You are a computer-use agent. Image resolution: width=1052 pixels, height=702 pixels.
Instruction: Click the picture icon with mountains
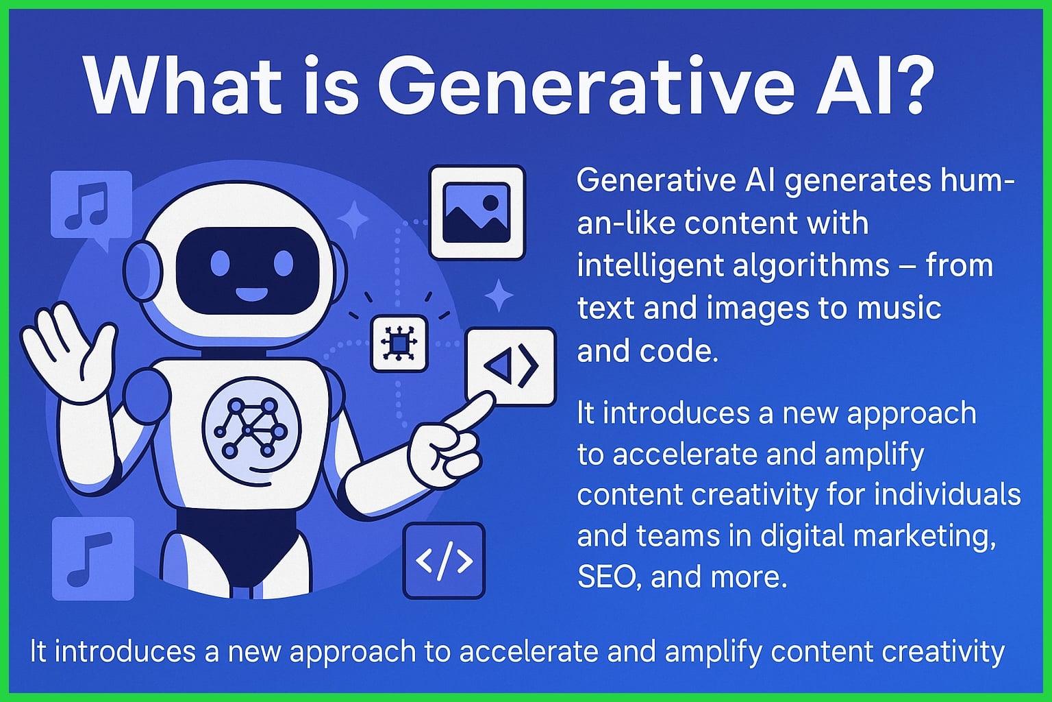(x=477, y=212)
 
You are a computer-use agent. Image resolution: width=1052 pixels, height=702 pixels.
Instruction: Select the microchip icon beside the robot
(x=399, y=343)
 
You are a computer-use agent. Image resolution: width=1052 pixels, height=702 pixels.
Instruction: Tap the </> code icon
(x=444, y=560)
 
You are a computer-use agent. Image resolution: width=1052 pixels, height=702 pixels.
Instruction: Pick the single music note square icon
(x=92, y=558)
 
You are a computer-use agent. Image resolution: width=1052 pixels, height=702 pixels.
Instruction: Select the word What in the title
(x=181, y=86)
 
